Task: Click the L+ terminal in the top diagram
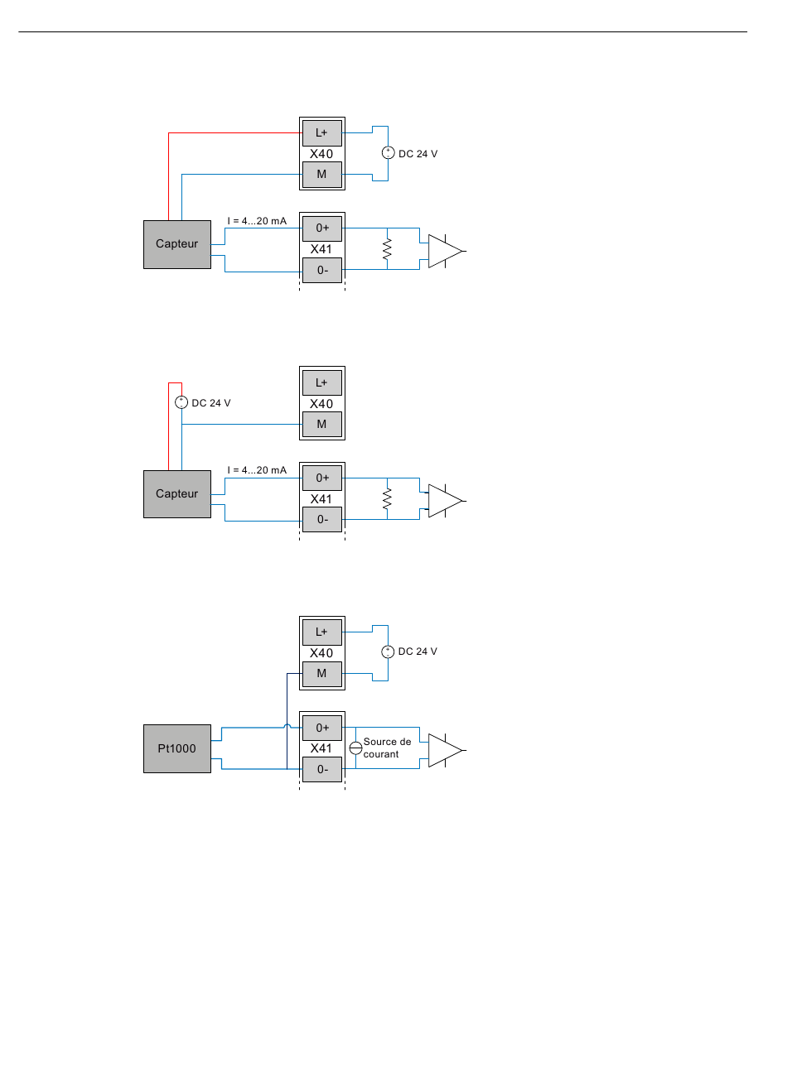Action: pyautogui.click(x=321, y=133)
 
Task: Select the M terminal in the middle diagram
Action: pyautogui.click(x=321, y=425)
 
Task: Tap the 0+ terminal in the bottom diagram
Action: pyautogui.click(x=321, y=728)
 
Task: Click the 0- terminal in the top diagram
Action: pyautogui.click(x=321, y=270)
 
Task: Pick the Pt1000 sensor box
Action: pyautogui.click(x=177, y=748)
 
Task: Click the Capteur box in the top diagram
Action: pyautogui.click(x=177, y=244)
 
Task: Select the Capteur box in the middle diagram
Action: pyautogui.click(x=177, y=493)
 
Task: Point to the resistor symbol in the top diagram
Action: pyautogui.click(x=387, y=249)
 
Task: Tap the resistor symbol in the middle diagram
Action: pyautogui.click(x=387, y=498)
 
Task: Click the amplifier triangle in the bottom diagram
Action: pyautogui.click(x=445, y=751)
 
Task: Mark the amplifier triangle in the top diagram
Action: pyautogui.click(x=445, y=251)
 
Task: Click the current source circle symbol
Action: pyautogui.click(x=355, y=748)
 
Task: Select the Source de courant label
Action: pyautogui.click(x=387, y=748)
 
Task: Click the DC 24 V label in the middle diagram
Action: pyautogui.click(x=211, y=403)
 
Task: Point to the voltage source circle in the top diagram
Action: pyautogui.click(x=389, y=153)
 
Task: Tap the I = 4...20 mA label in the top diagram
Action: pyautogui.click(x=257, y=221)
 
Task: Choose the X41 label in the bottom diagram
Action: pyautogui.click(x=321, y=748)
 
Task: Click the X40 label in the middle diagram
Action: pyautogui.click(x=321, y=404)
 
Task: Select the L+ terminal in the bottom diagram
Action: pyautogui.click(x=321, y=632)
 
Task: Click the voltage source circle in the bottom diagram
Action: pyautogui.click(x=388, y=652)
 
